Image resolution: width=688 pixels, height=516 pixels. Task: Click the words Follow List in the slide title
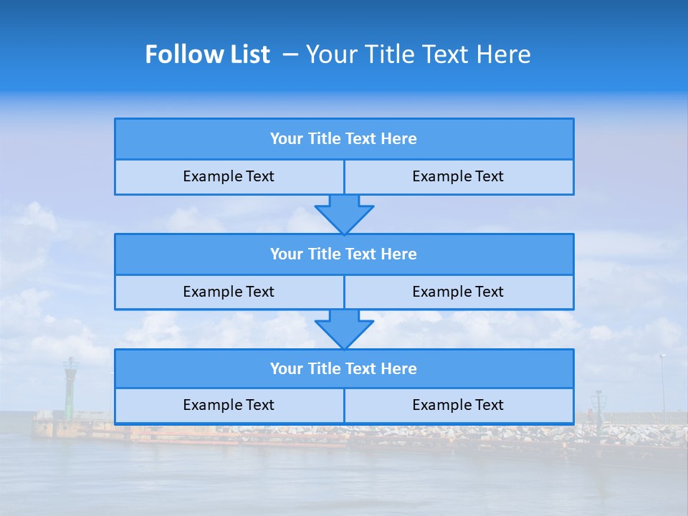pyautogui.click(x=207, y=54)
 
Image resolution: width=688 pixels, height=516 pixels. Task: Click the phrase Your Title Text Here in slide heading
pyautogui.click(x=418, y=54)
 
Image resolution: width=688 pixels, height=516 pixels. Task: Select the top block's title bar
pyautogui.click(x=344, y=139)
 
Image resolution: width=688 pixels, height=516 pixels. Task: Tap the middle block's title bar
pyautogui.click(x=344, y=254)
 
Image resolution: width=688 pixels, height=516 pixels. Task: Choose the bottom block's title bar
pyautogui.click(x=344, y=368)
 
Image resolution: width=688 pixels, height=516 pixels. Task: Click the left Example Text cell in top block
pyautogui.click(x=229, y=176)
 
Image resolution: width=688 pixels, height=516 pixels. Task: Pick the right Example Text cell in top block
pyautogui.click(x=458, y=176)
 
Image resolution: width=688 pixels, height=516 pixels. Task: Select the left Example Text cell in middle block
pyautogui.click(x=229, y=292)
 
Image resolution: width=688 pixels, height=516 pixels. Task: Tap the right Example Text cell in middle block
pyautogui.click(x=458, y=292)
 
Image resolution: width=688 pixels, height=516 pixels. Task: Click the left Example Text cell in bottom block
pyautogui.click(x=229, y=405)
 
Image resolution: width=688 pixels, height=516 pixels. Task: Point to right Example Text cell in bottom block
pyautogui.click(x=458, y=405)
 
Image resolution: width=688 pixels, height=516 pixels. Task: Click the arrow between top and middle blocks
pyautogui.click(x=344, y=214)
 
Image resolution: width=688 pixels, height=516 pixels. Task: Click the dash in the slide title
pyautogui.click(x=290, y=54)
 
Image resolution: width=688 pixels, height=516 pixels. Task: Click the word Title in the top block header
pyautogui.click(x=324, y=139)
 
